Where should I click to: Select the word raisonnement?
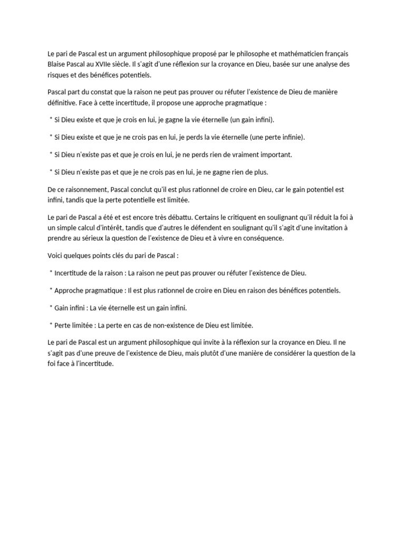point(83,189)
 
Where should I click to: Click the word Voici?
point(55,255)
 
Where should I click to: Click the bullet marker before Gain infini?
point(51,307)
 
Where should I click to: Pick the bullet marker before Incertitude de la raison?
point(51,272)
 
